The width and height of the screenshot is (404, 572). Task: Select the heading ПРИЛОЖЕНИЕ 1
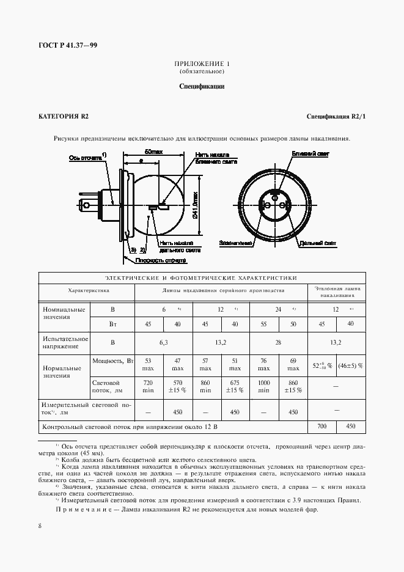(x=202, y=64)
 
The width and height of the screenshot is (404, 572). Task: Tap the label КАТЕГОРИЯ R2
(x=64, y=116)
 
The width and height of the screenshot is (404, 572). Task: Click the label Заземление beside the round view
(x=235, y=243)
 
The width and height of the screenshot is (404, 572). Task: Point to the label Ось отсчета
(x=85, y=157)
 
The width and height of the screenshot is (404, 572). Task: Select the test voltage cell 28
(x=278, y=342)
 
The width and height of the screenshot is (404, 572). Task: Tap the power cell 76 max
(x=263, y=365)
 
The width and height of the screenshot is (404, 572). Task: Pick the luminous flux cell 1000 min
(x=263, y=387)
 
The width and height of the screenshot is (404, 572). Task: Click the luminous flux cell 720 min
(x=147, y=387)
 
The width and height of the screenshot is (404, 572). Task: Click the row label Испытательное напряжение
(x=63, y=342)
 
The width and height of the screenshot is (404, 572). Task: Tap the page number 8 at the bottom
(x=40, y=526)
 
